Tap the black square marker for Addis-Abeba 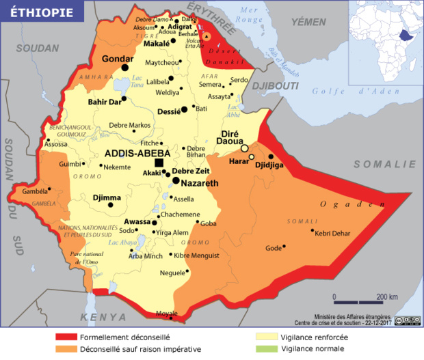159,163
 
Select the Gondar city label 116,59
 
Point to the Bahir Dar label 104,102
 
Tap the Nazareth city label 200,183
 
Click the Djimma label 107,197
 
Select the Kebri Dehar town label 332,233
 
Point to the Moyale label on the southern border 167,314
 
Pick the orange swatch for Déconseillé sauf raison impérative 65,349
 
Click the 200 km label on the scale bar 387,297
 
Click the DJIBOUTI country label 276,86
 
